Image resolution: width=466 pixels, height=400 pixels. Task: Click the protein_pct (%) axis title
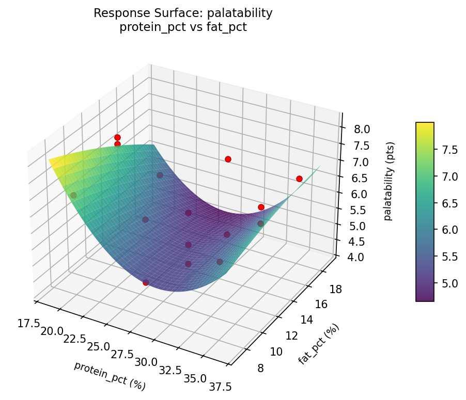pos(110,376)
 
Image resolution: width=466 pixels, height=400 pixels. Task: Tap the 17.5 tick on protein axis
pos(28,323)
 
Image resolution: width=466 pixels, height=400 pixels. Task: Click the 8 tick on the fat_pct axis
pos(262,368)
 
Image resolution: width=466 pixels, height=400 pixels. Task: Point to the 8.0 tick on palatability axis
pos(361,129)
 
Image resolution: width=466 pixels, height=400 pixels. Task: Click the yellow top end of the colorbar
pos(425,125)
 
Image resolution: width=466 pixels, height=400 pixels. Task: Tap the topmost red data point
pos(117,137)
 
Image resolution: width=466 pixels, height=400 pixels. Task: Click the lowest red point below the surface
pos(146,282)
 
